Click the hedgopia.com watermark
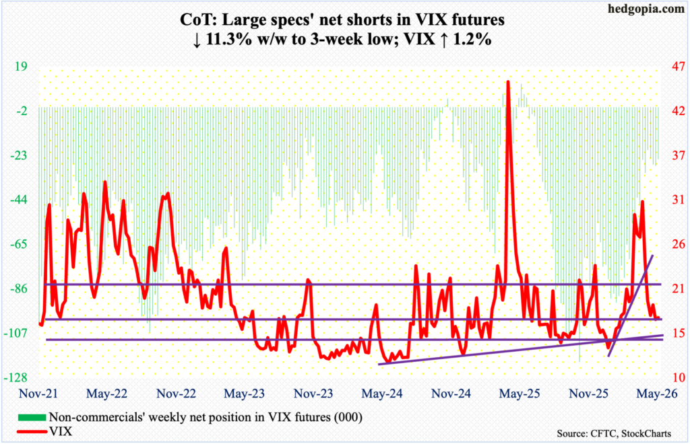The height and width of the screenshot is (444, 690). [646, 9]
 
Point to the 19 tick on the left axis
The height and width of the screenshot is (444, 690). [21, 67]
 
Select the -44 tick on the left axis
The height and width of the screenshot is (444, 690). [18, 200]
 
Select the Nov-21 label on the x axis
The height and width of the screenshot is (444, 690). [38, 393]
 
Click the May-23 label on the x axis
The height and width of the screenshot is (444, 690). [244, 393]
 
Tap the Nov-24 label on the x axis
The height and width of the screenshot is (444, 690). [451, 393]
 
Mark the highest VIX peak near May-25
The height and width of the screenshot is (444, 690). [508, 82]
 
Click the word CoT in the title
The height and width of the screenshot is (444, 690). [194, 20]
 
